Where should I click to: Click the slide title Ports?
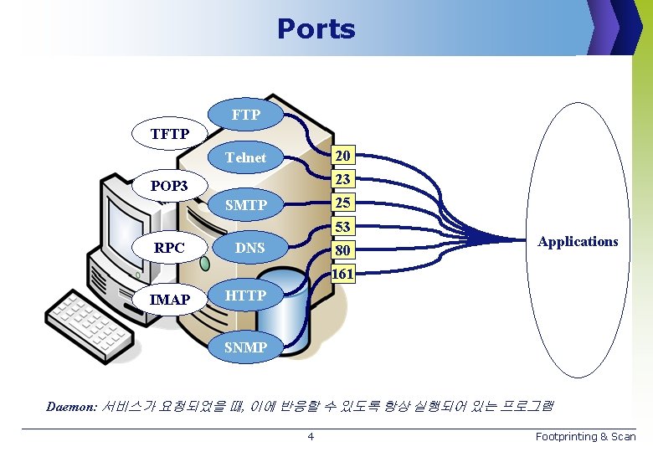pos(316,29)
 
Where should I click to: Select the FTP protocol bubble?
pos(245,115)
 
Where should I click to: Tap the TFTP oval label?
pos(169,134)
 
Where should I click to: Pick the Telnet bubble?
pos(245,157)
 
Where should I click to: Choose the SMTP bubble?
pos(246,205)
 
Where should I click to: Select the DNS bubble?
pos(249,248)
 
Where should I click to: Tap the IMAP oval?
pos(169,299)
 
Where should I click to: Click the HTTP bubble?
pos(245,295)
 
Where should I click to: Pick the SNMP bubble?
pos(245,347)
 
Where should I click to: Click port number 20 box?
pos(343,156)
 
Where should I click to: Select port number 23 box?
pos(343,179)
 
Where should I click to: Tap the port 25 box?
pos(343,203)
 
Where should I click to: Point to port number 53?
pos(343,227)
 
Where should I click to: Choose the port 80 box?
pos(343,250)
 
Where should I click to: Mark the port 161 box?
pos(343,274)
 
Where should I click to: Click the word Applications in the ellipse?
pos(578,241)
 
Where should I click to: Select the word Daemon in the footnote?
pos(71,408)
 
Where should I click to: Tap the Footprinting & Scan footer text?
pos(585,436)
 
